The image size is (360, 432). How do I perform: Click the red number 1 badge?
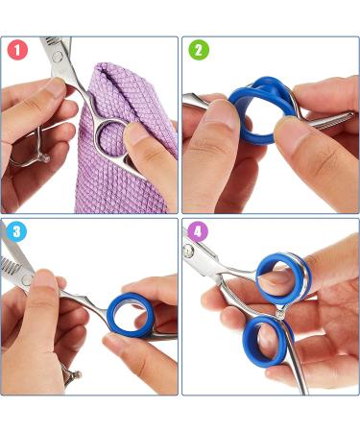click(x=17, y=50)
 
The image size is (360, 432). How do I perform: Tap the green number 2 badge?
click(x=199, y=50)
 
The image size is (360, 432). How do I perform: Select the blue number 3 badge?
click(x=16, y=231)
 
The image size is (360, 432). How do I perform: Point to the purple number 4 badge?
click(x=198, y=231)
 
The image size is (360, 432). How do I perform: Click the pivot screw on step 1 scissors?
click(x=58, y=57)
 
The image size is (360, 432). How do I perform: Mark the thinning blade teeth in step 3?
click(x=12, y=263)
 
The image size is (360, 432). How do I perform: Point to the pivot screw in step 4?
click(x=189, y=252)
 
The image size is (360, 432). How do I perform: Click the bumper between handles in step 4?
click(x=280, y=312)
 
